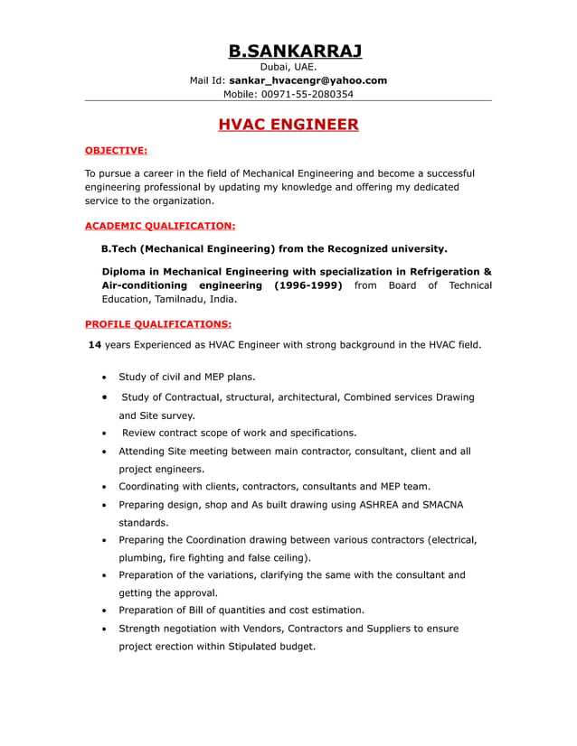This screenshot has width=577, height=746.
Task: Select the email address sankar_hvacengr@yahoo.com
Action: tap(307, 80)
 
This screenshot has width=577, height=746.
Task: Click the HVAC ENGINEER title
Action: tap(288, 125)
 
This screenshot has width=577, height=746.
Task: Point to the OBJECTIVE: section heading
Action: tap(116, 151)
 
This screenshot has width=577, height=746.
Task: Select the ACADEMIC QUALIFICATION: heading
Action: tap(160, 226)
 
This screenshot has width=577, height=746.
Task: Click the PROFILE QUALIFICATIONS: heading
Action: tap(158, 323)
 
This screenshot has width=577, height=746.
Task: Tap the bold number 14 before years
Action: tap(94, 345)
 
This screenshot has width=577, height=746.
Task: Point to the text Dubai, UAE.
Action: tap(288, 67)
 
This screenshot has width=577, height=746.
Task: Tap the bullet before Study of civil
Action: tap(106, 378)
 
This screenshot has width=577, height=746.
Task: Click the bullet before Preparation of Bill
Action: tap(106, 611)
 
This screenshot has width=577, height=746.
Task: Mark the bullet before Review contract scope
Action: tap(106, 433)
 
